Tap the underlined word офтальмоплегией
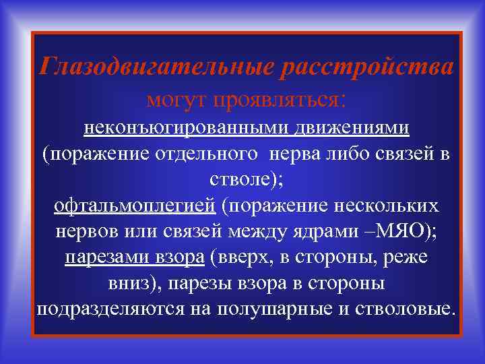click(135, 205)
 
